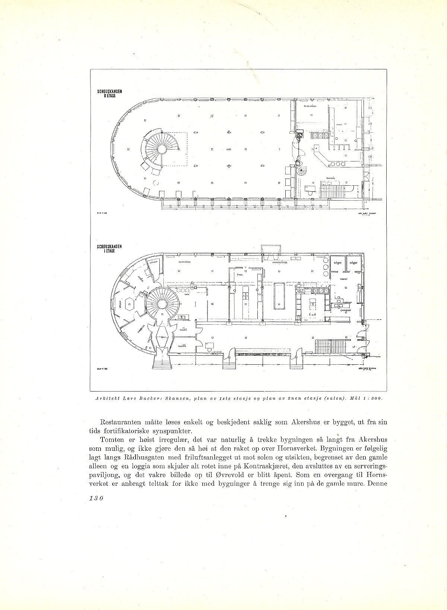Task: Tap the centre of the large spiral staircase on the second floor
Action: point(161,149)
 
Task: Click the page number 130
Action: point(96,499)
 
